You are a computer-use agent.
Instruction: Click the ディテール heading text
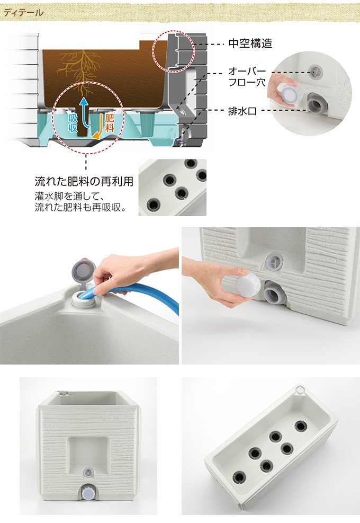[x=23, y=13]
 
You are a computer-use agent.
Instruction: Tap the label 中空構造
[x=250, y=43]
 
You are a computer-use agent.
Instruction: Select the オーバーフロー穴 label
[x=247, y=76]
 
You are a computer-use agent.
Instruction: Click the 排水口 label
[x=242, y=111]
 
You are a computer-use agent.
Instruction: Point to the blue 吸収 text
[x=73, y=123]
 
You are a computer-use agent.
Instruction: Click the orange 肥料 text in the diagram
[x=110, y=122]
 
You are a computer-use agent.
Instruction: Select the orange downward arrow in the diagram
[x=97, y=127]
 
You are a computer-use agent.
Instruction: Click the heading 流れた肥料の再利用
[x=84, y=181]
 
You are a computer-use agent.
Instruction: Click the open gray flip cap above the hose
[x=83, y=269]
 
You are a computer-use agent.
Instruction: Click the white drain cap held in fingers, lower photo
[x=248, y=287]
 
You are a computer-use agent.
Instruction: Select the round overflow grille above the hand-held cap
[x=274, y=262]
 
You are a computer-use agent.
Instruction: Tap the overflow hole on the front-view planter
[x=88, y=472]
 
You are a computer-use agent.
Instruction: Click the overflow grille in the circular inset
[x=316, y=71]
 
